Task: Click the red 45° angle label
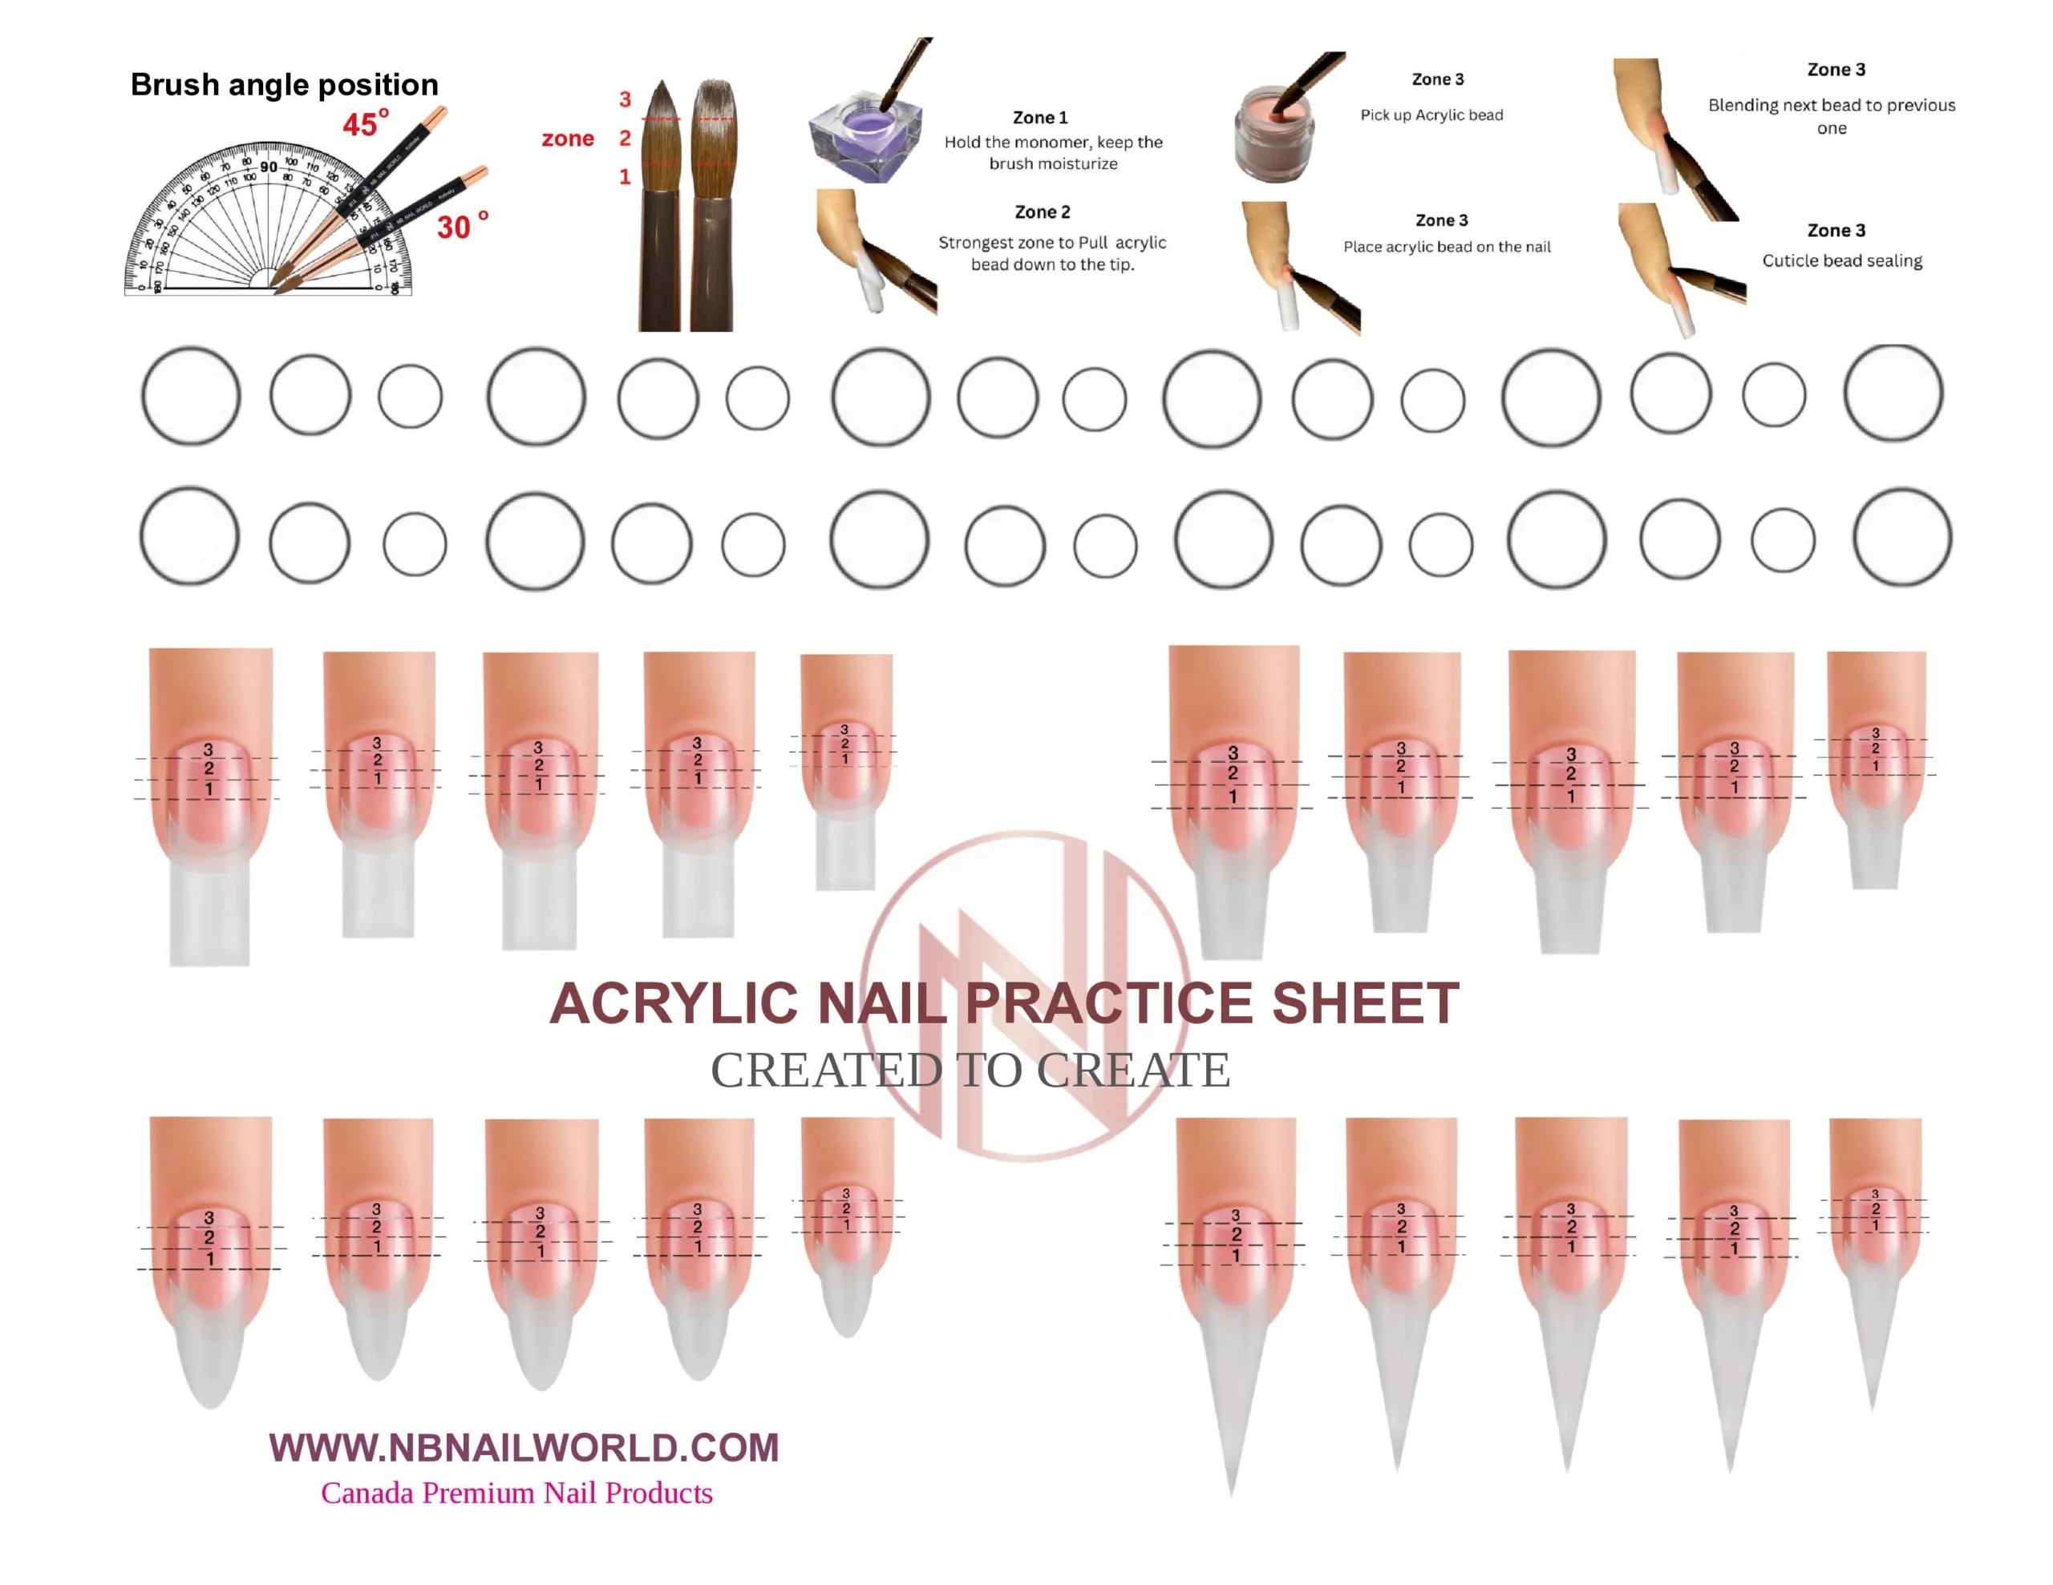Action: (x=365, y=123)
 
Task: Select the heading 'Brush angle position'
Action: (x=284, y=85)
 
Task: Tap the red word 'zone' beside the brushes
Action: (x=568, y=139)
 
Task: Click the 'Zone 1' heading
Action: (x=1039, y=118)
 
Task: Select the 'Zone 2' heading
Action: (x=1042, y=212)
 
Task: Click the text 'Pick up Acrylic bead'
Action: (x=1431, y=115)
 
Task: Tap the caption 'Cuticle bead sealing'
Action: (x=1841, y=260)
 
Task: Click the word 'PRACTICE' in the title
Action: (x=1110, y=1003)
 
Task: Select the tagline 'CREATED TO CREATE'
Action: (x=970, y=1069)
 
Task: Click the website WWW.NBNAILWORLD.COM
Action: (x=524, y=1447)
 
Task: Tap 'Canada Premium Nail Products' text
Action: (x=516, y=1493)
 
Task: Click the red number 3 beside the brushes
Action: (x=625, y=99)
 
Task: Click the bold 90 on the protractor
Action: (x=269, y=167)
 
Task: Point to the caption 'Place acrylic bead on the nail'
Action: (x=1447, y=246)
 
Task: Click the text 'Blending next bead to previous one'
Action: (x=1831, y=115)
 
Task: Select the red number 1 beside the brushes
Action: (x=625, y=176)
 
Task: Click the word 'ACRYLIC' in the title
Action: (x=673, y=1003)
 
